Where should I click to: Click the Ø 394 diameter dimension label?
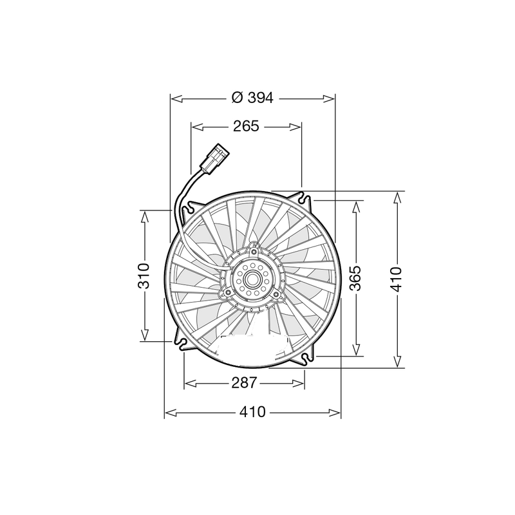pyautogui.click(x=252, y=98)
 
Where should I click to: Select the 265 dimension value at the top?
pyautogui.click(x=246, y=126)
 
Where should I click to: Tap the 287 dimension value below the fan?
pyautogui.click(x=245, y=383)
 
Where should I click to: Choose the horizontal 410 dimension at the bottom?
pyautogui.click(x=252, y=413)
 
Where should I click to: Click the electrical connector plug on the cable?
pyautogui.click(x=213, y=158)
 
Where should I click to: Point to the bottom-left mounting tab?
pyautogui.click(x=182, y=342)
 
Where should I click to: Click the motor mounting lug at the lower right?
pyautogui.click(x=275, y=295)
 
